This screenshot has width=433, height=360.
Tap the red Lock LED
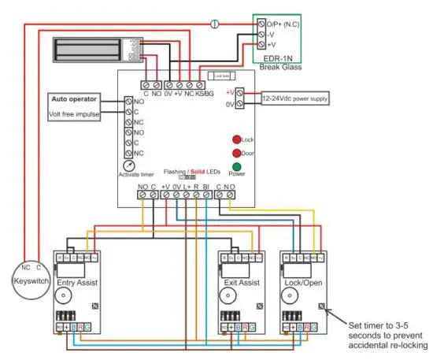click(x=235, y=139)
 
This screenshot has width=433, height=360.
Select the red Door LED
click(x=235, y=153)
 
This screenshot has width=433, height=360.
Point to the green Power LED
click(x=235, y=167)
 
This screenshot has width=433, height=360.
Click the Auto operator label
click(x=74, y=100)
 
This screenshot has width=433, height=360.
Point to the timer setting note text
click(x=385, y=335)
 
